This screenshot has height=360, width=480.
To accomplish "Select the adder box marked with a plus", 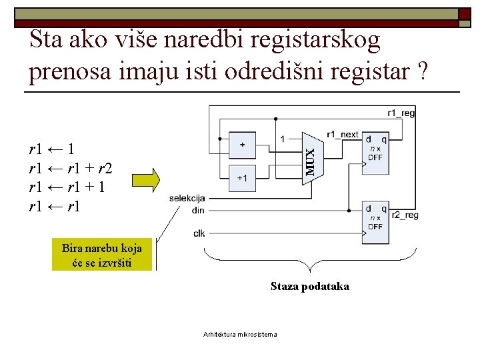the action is [x=241, y=144].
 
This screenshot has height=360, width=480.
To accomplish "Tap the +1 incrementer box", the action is [x=241, y=177].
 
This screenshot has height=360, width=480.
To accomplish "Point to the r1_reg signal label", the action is [x=401, y=113].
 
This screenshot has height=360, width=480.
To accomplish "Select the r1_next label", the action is [x=343, y=134].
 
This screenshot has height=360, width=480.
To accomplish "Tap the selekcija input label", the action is [x=187, y=198].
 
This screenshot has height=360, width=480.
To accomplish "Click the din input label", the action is [x=197, y=210].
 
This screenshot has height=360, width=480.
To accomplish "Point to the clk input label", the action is [x=199, y=233].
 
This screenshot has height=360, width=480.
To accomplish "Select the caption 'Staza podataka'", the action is [x=309, y=287].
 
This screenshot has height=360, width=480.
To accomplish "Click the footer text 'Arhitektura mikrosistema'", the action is [x=240, y=334].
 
